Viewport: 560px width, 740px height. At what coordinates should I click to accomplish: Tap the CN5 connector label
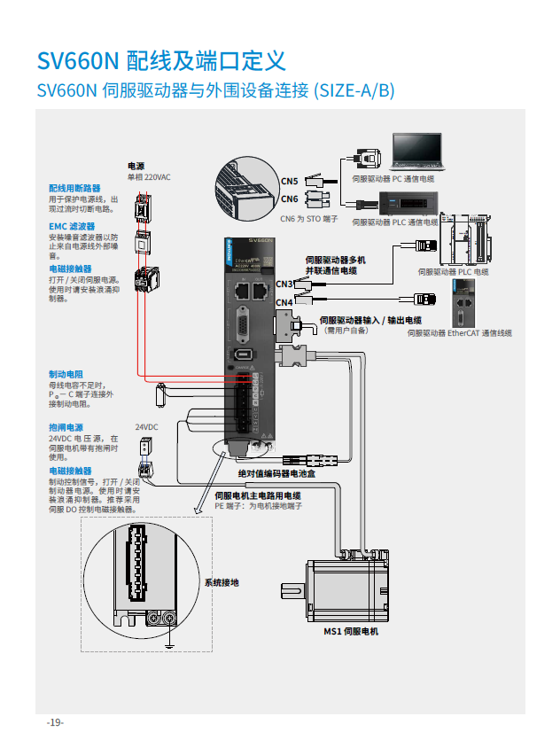pyautogui.click(x=290, y=181)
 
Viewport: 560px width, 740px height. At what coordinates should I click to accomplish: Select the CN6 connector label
pyautogui.click(x=290, y=199)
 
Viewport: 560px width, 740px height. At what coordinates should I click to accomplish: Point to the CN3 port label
pyautogui.click(x=284, y=284)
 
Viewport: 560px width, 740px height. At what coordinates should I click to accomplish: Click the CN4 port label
pyautogui.click(x=284, y=303)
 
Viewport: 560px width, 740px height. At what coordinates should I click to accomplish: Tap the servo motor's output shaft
pyautogui.click(x=292, y=588)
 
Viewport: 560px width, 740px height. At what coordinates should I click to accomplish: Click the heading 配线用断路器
pyautogui.click(x=74, y=188)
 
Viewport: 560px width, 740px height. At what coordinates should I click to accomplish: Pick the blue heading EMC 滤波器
pyautogui.click(x=72, y=226)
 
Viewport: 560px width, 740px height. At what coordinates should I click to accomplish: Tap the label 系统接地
pyautogui.click(x=222, y=583)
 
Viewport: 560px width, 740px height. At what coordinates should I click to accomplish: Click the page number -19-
pyautogui.click(x=55, y=722)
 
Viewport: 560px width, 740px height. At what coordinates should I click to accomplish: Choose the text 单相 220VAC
pyautogui.click(x=148, y=177)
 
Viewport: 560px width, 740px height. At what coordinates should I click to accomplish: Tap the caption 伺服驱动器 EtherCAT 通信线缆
pyautogui.click(x=460, y=333)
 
